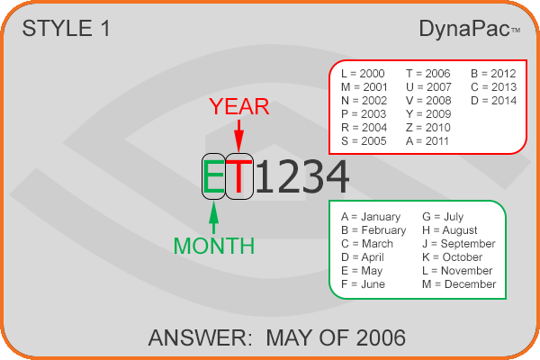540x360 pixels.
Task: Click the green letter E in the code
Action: tap(213, 176)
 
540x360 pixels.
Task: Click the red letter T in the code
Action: tap(239, 176)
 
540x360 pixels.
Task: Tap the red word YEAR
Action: tap(239, 106)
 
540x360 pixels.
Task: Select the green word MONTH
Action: tap(214, 246)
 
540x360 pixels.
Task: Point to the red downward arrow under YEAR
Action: tap(238, 136)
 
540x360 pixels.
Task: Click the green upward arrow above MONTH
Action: tap(214, 218)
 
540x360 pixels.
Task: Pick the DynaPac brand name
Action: tap(464, 29)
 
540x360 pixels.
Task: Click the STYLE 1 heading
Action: tap(66, 28)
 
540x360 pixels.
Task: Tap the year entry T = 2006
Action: tap(428, 74)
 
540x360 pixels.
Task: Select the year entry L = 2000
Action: tap(363, 74)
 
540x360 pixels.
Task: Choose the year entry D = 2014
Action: tap(493, 101)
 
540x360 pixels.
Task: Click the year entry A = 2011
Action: tap(427, 141)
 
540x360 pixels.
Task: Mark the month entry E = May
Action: tap(362, 271)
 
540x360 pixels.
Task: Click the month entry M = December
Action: tap(459, 284)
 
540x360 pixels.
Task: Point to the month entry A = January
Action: tap(371, 217)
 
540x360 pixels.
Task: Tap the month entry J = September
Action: tap(459, 244)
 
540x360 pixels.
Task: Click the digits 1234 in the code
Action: tap(302, 176)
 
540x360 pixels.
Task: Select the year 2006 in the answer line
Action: tap(381, 337)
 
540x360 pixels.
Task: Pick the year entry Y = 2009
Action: tap(428, 114)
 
